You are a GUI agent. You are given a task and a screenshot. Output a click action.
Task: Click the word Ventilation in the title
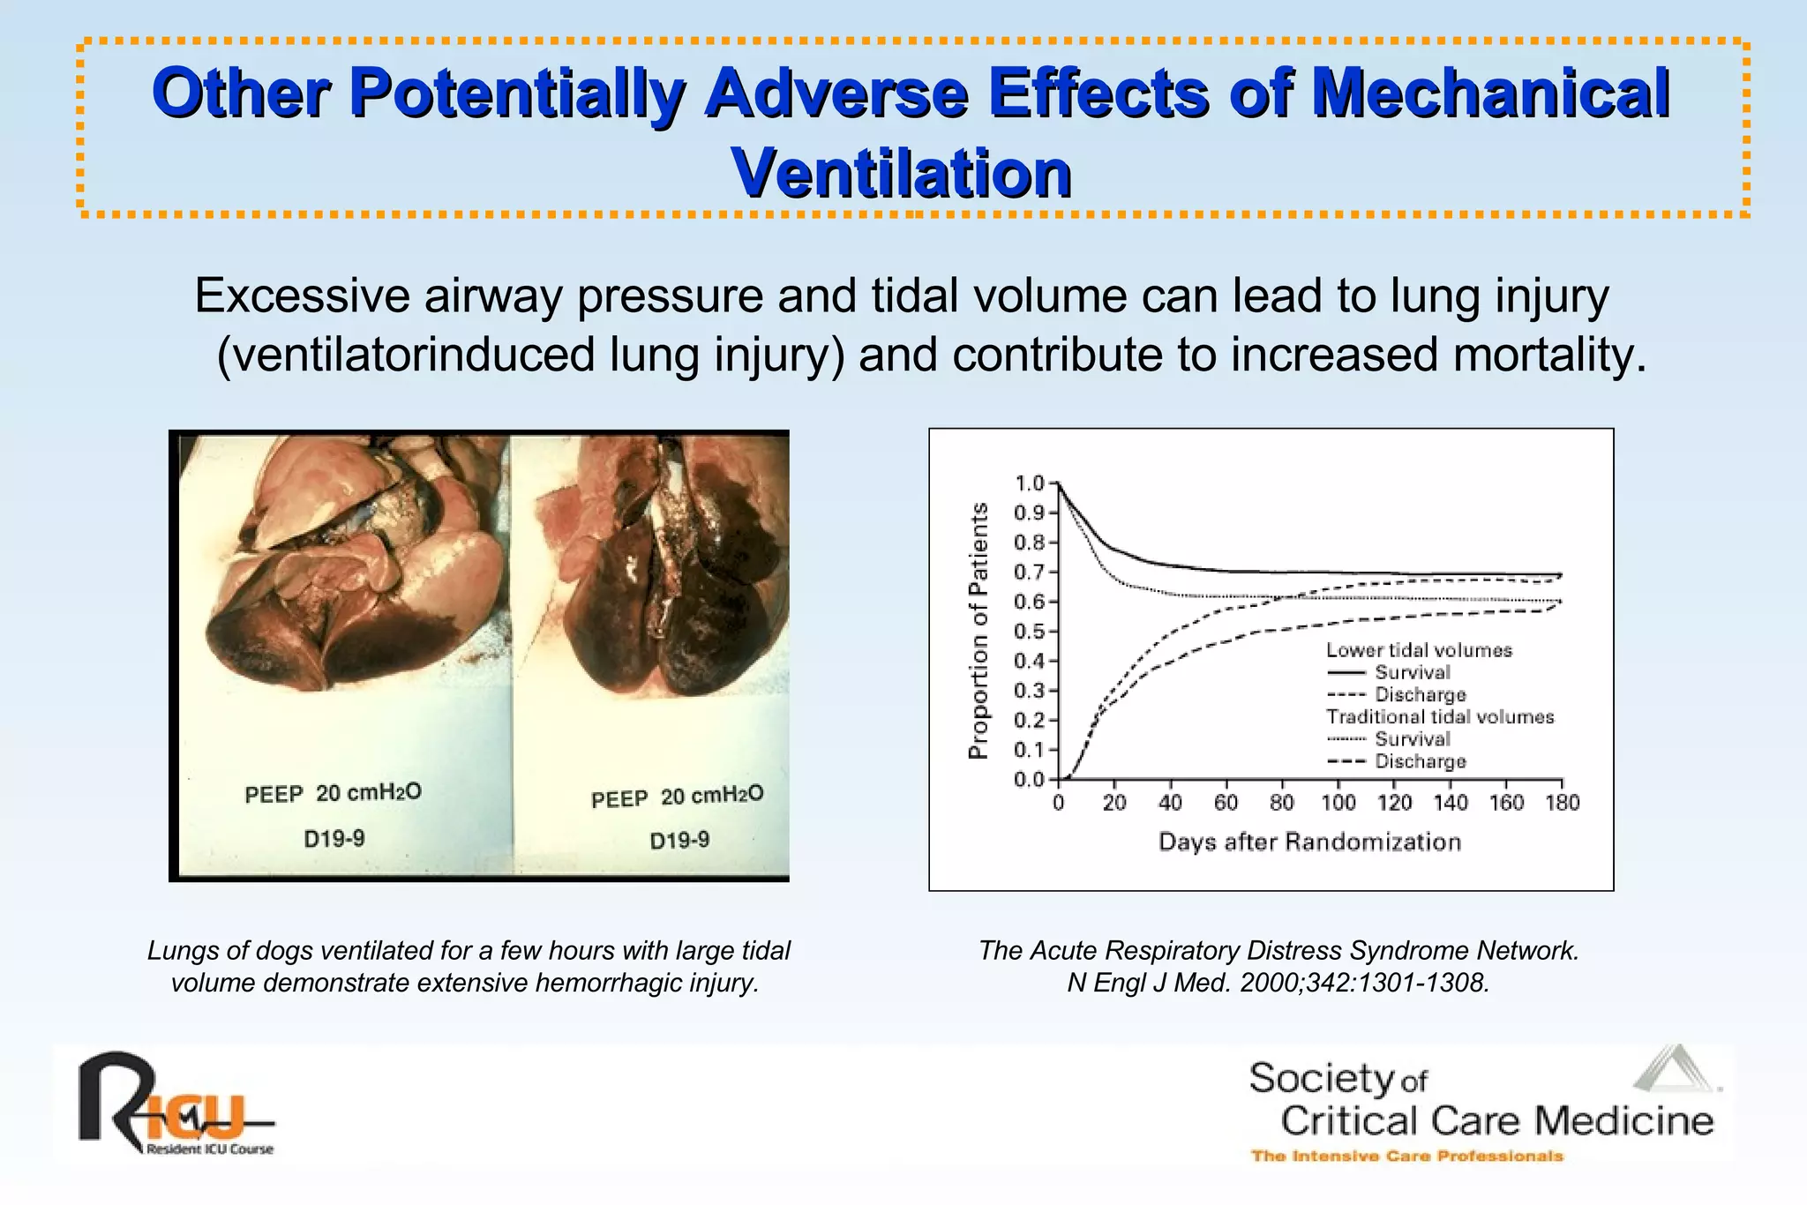(x=901, y=173)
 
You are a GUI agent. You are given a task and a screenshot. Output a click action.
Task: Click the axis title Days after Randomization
(x=1309, y=842)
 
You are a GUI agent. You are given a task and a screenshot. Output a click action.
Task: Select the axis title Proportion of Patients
(x=978, y=631)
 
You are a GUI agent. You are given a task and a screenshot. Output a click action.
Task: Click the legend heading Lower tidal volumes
(x=1419, y=650)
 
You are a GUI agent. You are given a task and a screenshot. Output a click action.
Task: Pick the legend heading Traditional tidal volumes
(x=1440, y=717)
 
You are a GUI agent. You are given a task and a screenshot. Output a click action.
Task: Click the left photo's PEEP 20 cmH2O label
(x=333, y=793)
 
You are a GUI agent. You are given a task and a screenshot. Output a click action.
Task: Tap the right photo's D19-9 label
(x=679, y=841)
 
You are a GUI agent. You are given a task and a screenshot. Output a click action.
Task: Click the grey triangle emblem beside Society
(x=1675, y=1070)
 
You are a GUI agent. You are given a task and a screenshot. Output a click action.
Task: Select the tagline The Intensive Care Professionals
(x=1406, y=1156)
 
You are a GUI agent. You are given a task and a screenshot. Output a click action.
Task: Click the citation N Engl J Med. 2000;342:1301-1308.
(x=1278, y=983)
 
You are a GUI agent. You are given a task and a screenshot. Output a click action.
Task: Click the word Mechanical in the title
(x=1489, y=94)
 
